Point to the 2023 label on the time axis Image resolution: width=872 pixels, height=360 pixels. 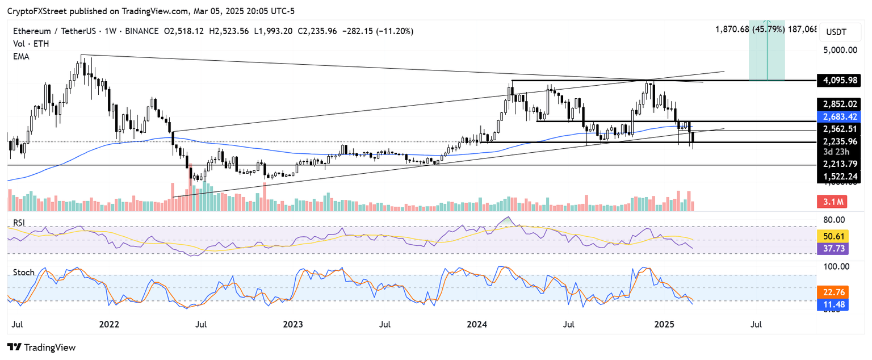pyautogui.click(x=293, y=325)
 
